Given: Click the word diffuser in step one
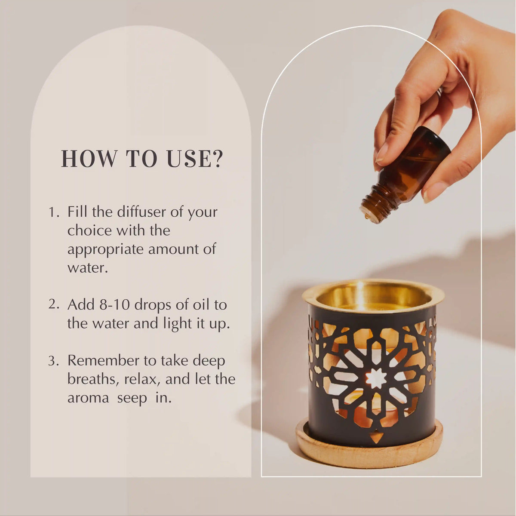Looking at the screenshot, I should click(141, 212).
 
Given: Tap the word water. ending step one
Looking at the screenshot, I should click(87, 268).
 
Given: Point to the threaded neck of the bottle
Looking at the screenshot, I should click(373, 206).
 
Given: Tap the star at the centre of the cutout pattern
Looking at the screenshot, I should click(375, 378).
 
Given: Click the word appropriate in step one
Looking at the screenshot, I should click(106, 249).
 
